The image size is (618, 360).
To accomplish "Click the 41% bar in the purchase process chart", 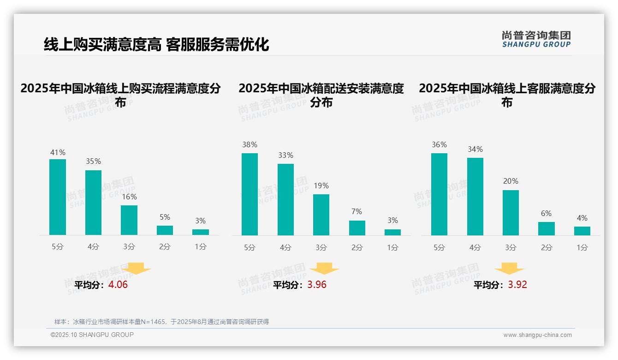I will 58,197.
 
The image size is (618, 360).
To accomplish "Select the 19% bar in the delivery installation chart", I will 321,215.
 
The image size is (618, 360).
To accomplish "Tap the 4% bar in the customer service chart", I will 582,231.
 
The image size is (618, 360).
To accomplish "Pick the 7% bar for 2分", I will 357,228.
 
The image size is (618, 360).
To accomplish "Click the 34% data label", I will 475,149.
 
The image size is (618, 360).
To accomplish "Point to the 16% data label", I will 129,197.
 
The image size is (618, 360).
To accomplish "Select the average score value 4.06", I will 118,285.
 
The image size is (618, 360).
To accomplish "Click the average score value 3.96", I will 317,285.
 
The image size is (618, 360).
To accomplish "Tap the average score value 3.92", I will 517,285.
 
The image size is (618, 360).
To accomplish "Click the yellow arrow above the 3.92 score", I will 509,269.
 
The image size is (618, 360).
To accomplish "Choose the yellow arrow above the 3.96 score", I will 324,269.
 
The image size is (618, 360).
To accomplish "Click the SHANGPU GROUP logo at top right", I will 536,39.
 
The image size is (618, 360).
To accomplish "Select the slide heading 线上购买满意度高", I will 102,44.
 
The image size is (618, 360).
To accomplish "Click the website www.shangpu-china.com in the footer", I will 537,335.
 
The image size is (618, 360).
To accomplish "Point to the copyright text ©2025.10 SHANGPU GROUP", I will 92,335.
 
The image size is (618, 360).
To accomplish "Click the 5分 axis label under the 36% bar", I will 439,247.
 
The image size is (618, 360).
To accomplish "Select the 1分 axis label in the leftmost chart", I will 200,247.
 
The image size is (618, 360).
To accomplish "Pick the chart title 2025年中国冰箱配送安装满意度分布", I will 321,95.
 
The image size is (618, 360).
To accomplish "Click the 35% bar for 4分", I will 93,203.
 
